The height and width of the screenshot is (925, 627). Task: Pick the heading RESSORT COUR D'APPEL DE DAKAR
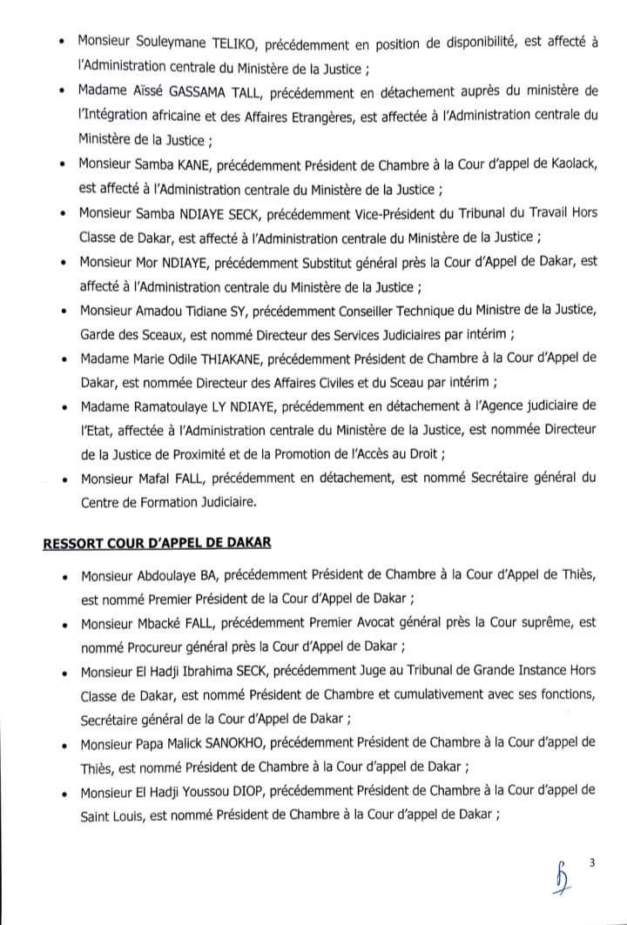(157, 543)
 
